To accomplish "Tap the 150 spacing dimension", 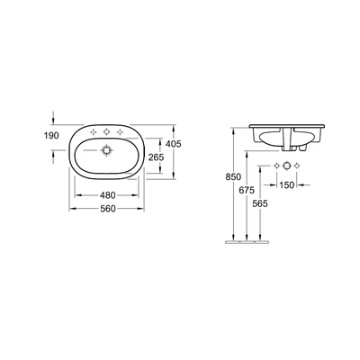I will tap(286, 184).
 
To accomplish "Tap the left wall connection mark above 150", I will tap(275, 168).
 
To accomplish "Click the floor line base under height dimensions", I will tap(244, 242).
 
